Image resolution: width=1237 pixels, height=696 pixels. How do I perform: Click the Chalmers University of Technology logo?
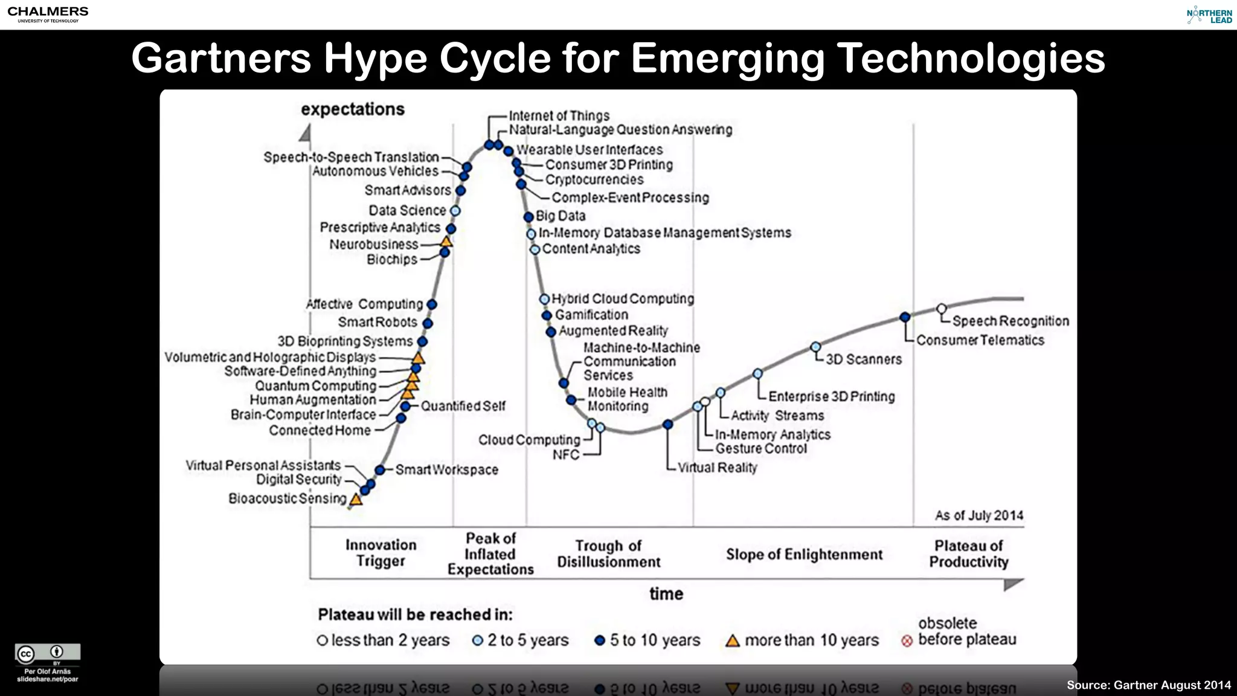click(48, 14)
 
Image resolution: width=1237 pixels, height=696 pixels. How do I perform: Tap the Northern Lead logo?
click(1209, 15)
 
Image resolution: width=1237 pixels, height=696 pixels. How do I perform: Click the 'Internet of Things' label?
click(559, 115)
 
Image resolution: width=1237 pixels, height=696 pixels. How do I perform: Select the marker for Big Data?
click(529, 217)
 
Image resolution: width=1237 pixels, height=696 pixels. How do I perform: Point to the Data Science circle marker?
click(455, 211)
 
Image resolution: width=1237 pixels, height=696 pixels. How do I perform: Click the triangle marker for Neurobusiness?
click(446, 242)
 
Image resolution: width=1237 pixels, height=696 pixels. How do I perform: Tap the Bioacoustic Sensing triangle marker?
click(356, 500)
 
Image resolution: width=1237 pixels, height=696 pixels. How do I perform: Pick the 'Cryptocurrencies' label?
click(594, 179)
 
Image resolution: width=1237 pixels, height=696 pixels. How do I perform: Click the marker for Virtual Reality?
click(667, 425)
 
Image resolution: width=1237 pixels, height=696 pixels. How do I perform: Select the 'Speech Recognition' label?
click(1010, 321)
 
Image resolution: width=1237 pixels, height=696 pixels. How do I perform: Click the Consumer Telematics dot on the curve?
click(905, 317)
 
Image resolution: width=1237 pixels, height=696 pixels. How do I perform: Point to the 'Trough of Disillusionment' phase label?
click(608, 554)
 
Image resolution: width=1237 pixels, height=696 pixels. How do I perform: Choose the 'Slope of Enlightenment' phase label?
click(804, 555)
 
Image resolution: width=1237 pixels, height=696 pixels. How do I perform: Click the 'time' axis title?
click(666, 594)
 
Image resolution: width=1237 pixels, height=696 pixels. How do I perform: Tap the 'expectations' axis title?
click(353, 109)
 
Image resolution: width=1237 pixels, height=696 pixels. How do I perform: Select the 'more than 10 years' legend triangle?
click(733, 641)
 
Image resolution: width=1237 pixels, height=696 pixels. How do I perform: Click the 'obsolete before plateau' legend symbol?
click(907, 641)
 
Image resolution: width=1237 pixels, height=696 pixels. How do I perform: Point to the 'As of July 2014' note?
click(979, 515)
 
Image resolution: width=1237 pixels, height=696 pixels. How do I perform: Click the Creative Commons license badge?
click(48, 653)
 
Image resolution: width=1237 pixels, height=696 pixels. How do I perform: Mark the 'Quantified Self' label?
click(463, 406)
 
